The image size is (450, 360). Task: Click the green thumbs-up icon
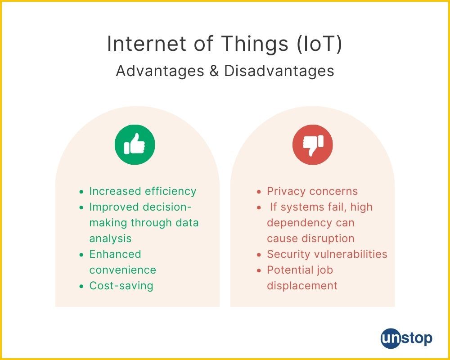pyautogui.click(x=135, y=144)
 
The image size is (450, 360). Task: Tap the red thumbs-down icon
pyautogui.click(x=313, y=144)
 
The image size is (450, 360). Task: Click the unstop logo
pyautogui.click(x=406, y=338)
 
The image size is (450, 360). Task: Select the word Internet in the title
pyautogui.click(x=146, y=44)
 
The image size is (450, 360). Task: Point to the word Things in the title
pyautogui.click(x=255, y=44)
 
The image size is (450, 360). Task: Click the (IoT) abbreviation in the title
pyautogui.click(x=319, y=44)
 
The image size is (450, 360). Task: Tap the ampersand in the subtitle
pyautogui.click(x=214, y=71)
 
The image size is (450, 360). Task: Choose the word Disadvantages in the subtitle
pyautogui.click(x=279, y=71)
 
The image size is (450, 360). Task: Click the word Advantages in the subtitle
pyautogui.click(x=160, y=71)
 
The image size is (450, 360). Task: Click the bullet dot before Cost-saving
pyautogui.click(x=82, y=286)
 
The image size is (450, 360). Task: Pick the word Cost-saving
pyautogui.click(x=121, y=286)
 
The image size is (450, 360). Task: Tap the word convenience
pyautogui.click(x=123, y=270)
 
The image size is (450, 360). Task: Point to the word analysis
pyautogui.click(x=111, y=238)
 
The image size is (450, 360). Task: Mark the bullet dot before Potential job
pyautogui.click(x=259, y=270)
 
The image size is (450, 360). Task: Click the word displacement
pyautogui.click(x=302, y=286)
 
